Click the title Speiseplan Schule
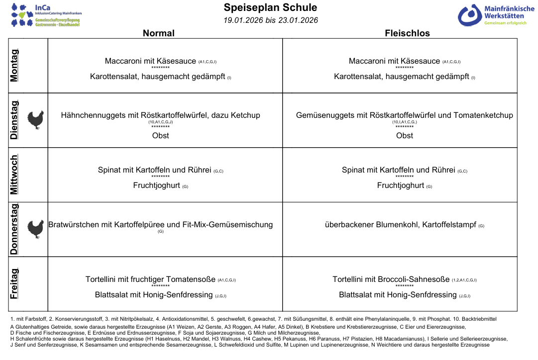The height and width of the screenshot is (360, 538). coord(270,7)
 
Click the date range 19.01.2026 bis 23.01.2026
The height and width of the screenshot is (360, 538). coord(270,20)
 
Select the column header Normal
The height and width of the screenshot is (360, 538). coord(159,33)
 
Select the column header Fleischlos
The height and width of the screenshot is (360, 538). coord(407,33)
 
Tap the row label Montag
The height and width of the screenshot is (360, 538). coord(15,65)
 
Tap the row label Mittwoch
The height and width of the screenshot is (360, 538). coord(15,175)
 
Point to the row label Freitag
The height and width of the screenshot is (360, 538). coord(15,283)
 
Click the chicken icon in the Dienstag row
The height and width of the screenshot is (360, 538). coord(35,120)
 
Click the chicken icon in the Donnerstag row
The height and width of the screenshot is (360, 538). coord(35,229)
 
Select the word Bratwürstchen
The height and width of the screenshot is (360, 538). coord(74,225)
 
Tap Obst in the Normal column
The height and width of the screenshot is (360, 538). coord(160,136)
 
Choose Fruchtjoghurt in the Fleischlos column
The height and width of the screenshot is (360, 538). coord(400,185)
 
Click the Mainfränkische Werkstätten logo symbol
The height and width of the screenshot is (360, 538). coord(469,15)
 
